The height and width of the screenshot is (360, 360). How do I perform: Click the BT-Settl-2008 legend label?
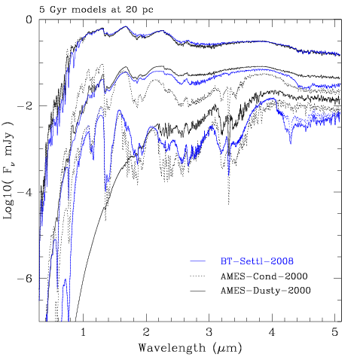257,261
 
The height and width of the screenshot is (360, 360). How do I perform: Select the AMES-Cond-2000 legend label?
264,276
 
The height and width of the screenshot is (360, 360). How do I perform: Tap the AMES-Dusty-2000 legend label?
266,291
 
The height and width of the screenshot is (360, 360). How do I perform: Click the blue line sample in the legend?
197,261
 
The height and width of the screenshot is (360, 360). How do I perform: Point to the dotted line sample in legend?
197,276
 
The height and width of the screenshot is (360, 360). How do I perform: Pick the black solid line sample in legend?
197,291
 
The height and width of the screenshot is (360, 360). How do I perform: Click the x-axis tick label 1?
83,332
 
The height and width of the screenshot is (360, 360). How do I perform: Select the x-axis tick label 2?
146,332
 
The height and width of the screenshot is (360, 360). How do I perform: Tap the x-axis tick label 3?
209,332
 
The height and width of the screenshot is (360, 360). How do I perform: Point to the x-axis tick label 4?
272,332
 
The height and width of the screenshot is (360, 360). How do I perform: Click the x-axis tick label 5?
335,332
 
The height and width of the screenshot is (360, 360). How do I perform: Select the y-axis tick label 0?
29,20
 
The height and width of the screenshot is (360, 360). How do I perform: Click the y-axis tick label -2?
25,106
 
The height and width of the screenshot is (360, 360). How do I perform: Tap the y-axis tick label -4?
25,192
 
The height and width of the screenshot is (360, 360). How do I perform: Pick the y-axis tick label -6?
25,279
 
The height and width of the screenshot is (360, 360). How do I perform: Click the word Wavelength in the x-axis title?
172,348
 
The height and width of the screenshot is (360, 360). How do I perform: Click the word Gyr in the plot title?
59,10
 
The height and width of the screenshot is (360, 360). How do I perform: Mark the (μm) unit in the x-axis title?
227,349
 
